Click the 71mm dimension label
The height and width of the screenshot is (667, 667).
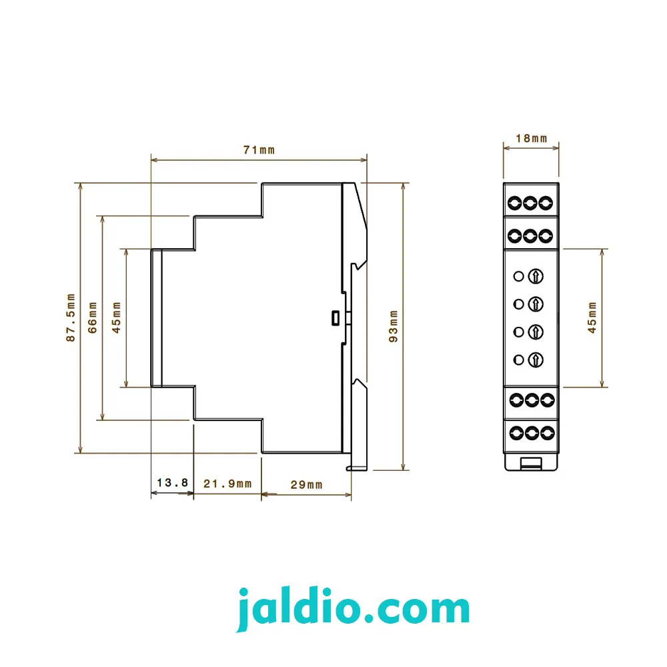259,150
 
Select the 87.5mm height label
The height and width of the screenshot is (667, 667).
71,317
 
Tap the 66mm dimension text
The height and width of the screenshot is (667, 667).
92,317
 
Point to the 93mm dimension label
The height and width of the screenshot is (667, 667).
394,326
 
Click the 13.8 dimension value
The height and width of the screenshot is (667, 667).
172,483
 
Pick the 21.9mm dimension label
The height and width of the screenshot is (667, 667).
227,484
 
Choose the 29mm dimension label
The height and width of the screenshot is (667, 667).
306,485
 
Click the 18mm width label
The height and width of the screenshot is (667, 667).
532,139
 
